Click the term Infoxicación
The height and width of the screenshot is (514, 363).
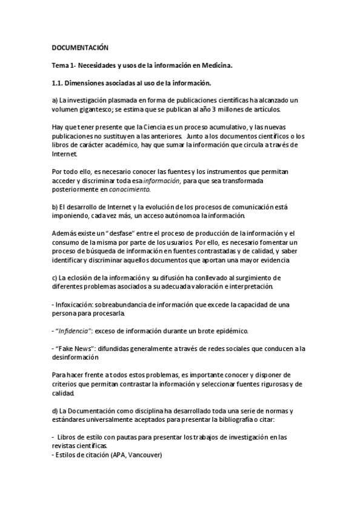tap(75, 304)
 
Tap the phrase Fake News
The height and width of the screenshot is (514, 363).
tap(77, 348)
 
